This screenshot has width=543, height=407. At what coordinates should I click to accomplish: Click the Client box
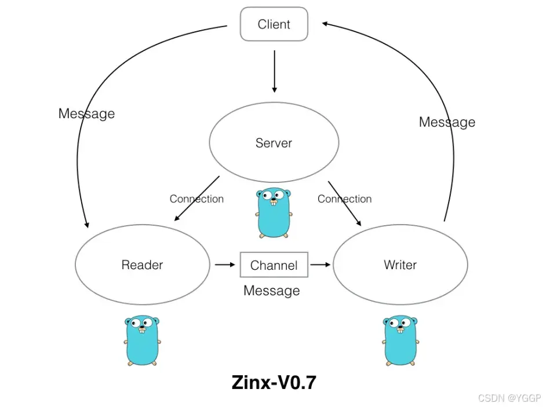click(274, 24)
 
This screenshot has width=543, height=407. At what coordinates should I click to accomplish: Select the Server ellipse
click(274, 143)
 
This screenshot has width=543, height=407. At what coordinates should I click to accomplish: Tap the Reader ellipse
click(142, 265)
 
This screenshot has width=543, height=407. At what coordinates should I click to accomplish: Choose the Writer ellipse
click(400, 265)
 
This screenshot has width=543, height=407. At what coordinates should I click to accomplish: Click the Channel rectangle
click(274, 265)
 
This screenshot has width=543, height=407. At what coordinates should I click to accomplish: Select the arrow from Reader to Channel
click(225, 265)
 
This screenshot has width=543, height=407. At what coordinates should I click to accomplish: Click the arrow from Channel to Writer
click(320, 265)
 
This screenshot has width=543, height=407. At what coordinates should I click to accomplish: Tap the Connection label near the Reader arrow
click(196, 199)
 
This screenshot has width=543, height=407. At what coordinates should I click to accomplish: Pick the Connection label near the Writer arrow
click(344, 199)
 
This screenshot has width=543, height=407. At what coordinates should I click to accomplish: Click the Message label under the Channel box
click(272, 291)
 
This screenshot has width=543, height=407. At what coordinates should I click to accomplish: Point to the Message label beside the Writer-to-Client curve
click(447, 122)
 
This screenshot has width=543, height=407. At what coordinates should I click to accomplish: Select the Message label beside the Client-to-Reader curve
click(86, 113)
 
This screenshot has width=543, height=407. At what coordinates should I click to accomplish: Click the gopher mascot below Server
click(273, 212)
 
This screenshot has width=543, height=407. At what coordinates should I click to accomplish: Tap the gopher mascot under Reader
click(142, 340)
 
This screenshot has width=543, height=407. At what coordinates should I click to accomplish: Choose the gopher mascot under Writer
click(400, 340)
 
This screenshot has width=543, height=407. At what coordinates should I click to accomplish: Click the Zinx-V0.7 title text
click(274, 383)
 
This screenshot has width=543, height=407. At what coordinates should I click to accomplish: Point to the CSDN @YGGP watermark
click(509, 398)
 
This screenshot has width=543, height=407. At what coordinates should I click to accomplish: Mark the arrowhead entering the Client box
click(326, 24)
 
